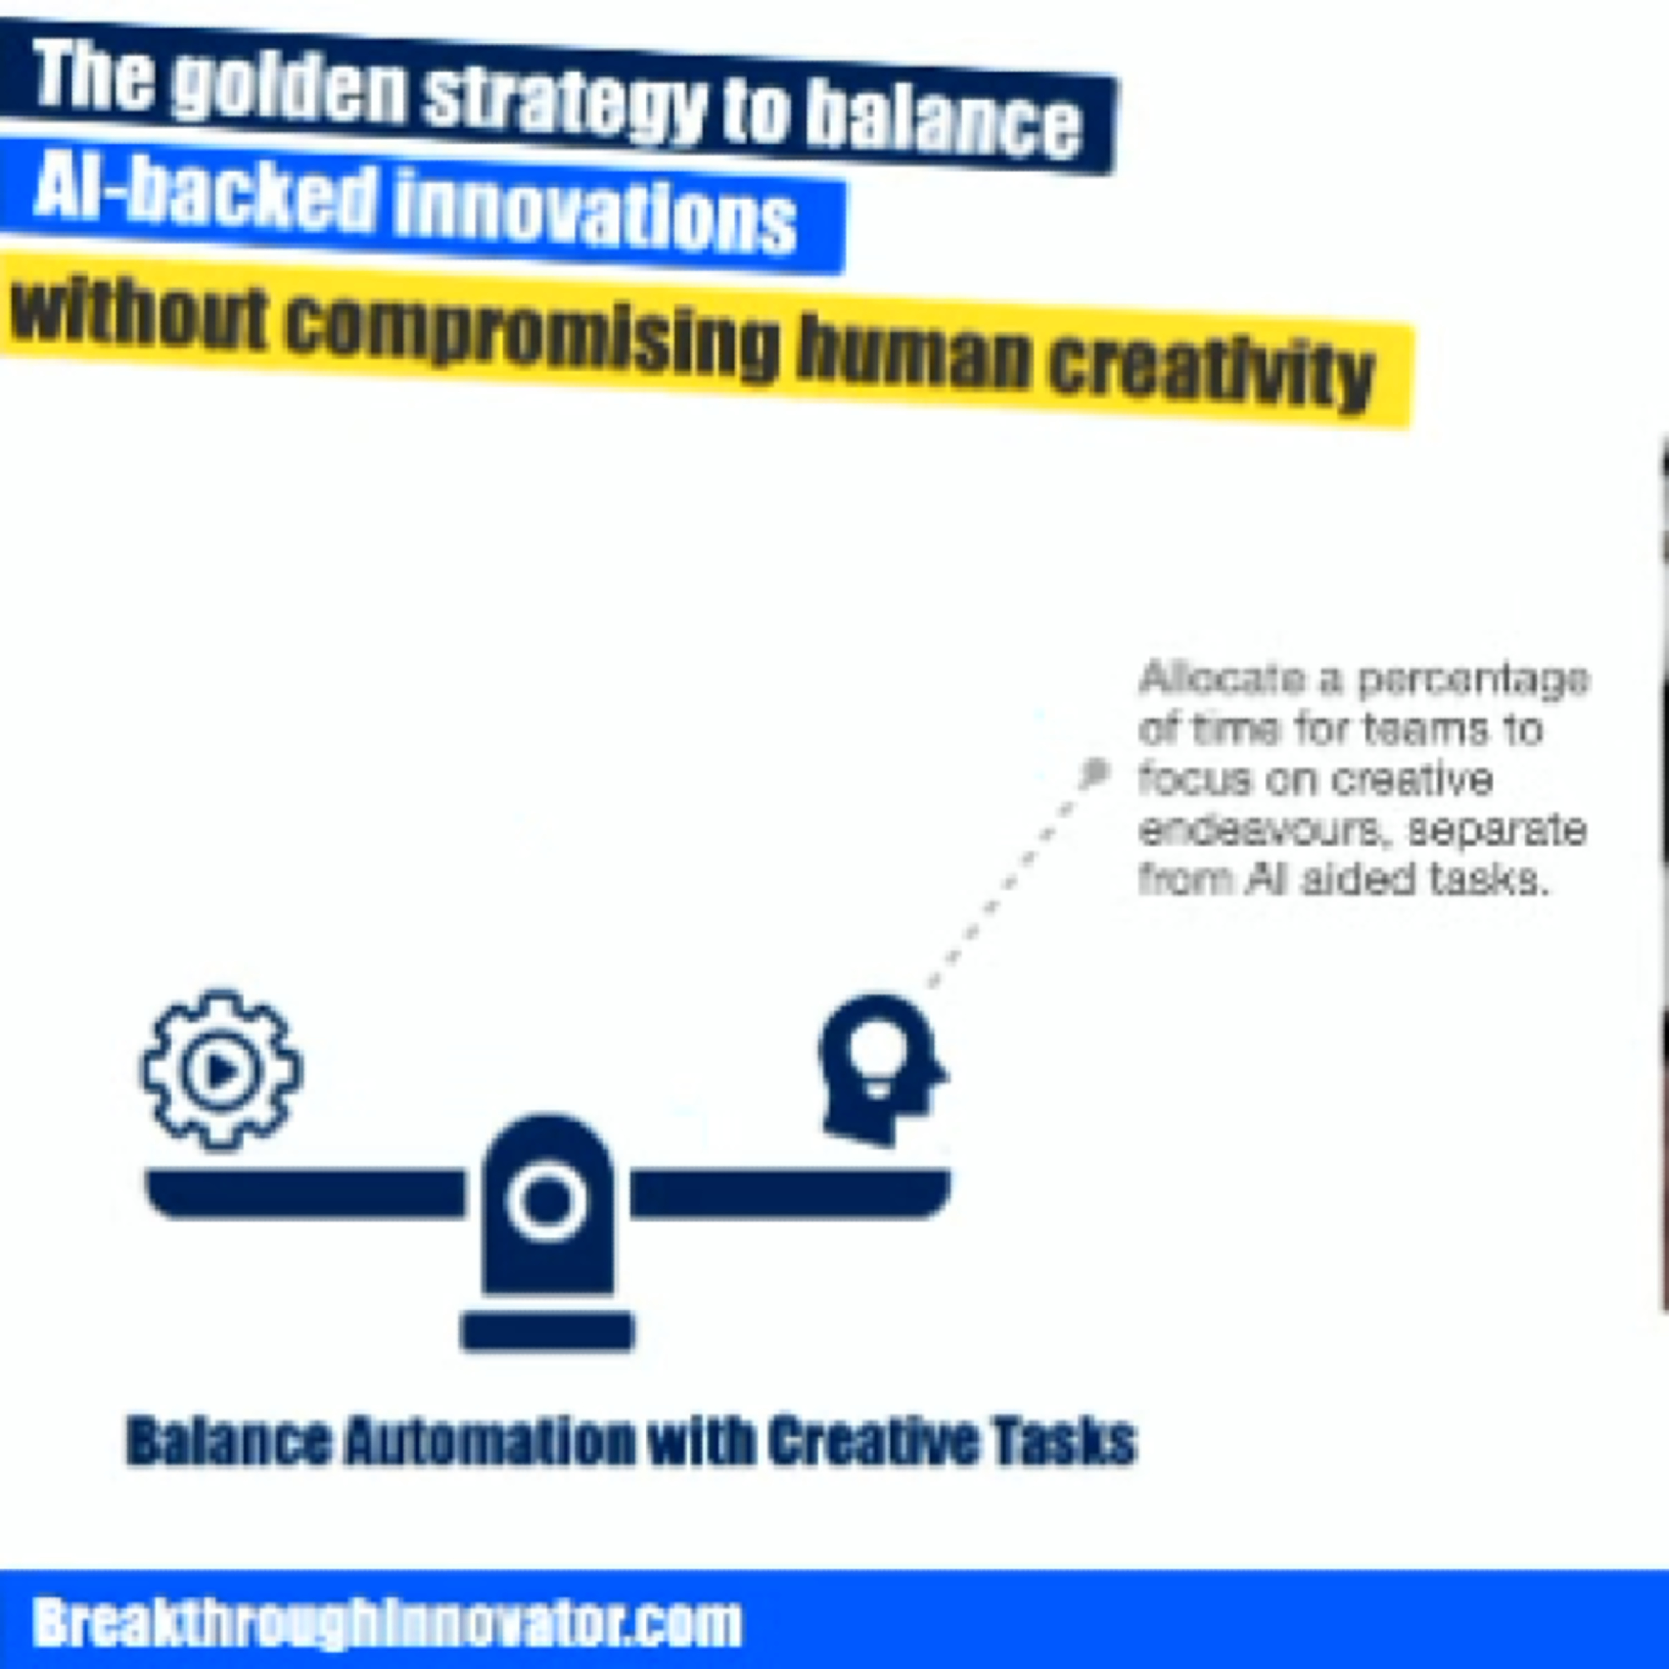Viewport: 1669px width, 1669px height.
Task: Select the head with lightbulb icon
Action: click(882, 1069)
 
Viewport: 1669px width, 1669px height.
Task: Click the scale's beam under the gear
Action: click(305, 1193)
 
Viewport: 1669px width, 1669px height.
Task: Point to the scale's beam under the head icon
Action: click(791, 1193)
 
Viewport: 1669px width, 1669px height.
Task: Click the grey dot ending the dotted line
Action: click(1094, 772)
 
